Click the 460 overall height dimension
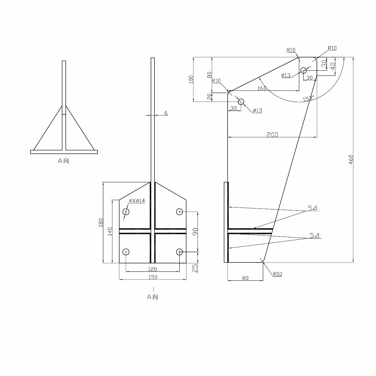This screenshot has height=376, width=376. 351,160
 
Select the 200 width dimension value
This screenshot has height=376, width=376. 272,135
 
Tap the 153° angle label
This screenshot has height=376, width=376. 308,98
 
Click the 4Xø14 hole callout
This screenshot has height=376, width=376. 137,201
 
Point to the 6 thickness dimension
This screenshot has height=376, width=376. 166,113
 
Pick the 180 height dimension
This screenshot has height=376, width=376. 101,222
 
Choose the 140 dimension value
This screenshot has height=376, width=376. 110,231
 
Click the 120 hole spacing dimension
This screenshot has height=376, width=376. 152,269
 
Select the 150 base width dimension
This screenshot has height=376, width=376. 153,277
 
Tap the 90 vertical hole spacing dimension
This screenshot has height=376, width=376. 195,231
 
